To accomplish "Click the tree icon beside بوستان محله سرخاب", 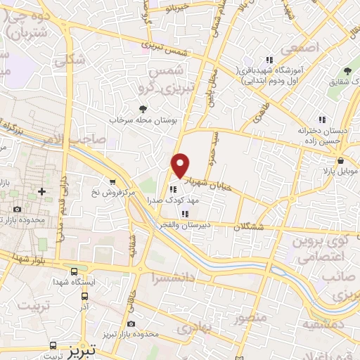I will pyautogui.click(x=143, y=108).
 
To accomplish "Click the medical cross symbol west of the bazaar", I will pyautogui.click(x=42, y=191).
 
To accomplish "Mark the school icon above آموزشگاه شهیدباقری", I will pyautogui.click(x=268, y=60).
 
